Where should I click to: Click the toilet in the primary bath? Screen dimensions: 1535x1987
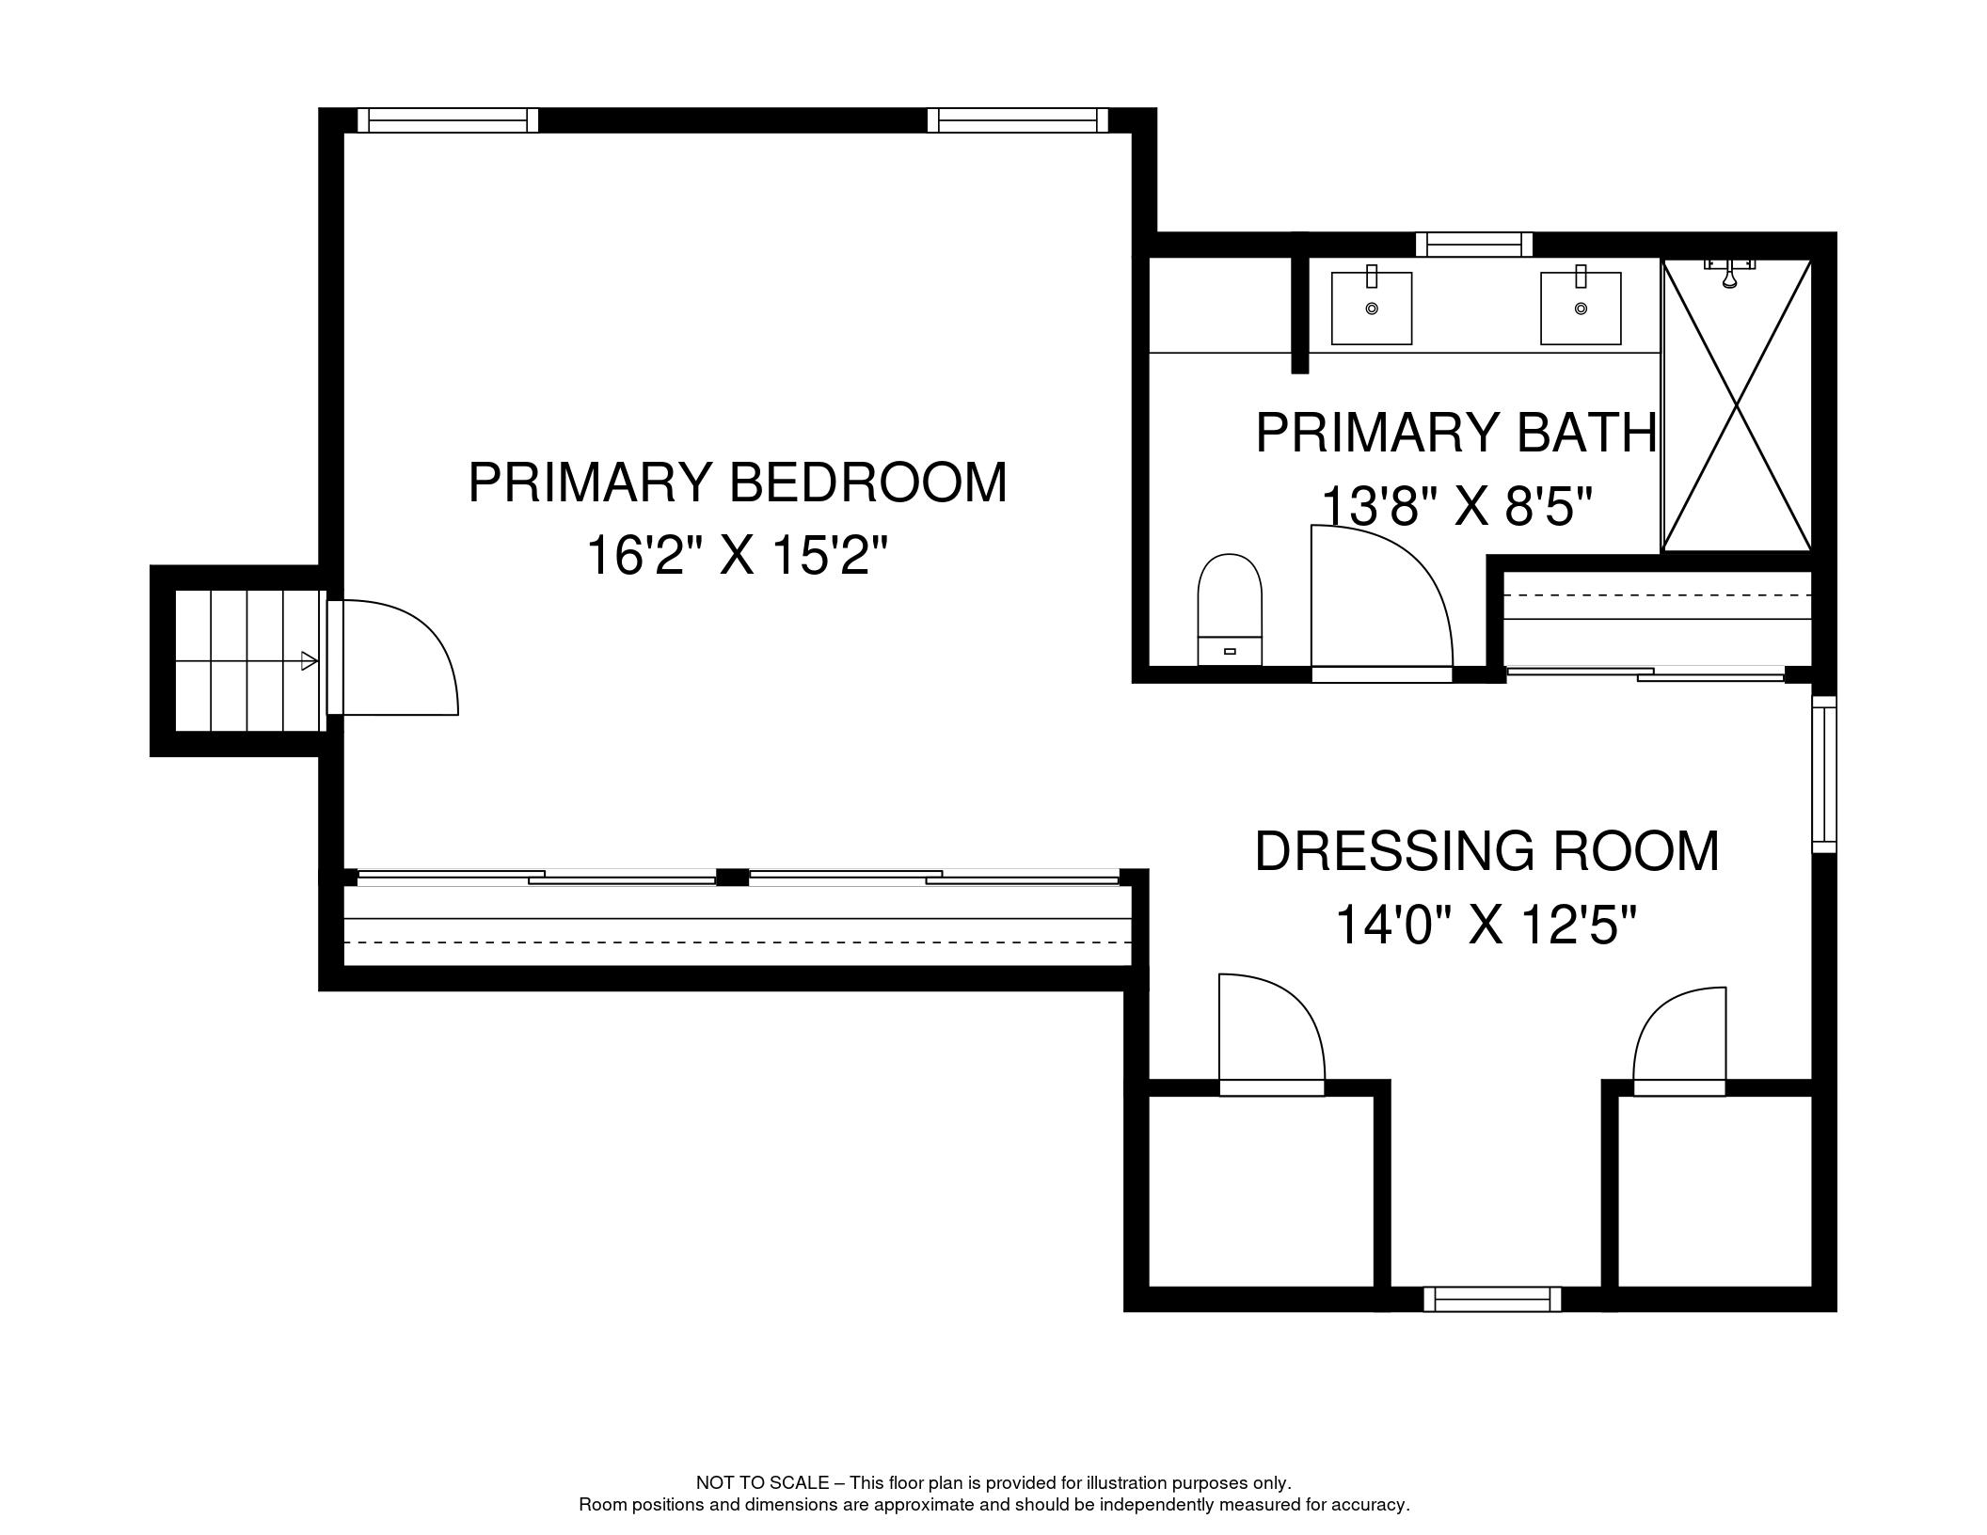1229,609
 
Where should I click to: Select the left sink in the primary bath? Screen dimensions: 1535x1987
1372,308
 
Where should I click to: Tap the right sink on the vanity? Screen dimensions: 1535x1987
1581,308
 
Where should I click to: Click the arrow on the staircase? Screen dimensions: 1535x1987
309,661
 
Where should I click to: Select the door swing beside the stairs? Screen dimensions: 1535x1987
395,658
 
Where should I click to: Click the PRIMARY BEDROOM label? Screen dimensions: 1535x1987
737,483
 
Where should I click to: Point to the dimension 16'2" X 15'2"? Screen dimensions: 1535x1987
737,555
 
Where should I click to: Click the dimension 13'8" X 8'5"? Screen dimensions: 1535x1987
1456,507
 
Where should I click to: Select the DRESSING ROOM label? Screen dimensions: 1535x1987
1486,851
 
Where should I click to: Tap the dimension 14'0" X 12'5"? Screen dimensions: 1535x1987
1486,925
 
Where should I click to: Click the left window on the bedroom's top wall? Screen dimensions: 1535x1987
448,120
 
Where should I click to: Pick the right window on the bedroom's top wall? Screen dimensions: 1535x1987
1018,120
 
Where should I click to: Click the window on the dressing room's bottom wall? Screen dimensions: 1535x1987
1492,1300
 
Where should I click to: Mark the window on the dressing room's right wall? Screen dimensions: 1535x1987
1823,775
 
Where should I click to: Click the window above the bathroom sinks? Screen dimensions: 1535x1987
1474,245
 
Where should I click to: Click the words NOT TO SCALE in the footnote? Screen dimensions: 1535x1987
762,1483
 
